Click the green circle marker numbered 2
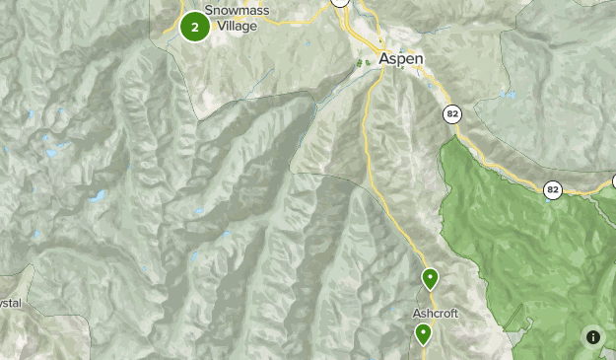click(x=195, y=27)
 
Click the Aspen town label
click(x=401, y=58)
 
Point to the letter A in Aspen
click(x=384, y=58)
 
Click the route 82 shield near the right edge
click(x=553, y=189)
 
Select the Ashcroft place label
click(x=436, y=314)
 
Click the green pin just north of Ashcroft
click(x=430, y=279)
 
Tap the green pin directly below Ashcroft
click(x=424, y=334)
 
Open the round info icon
click(x=593, y=337)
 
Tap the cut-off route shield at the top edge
click(x=340, y=3)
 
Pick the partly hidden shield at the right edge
click(x=611, y=181)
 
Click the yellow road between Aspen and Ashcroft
click(x=378, y=178)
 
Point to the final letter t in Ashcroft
click(x=456, y=314)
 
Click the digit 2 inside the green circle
click(x=195, y=27)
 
